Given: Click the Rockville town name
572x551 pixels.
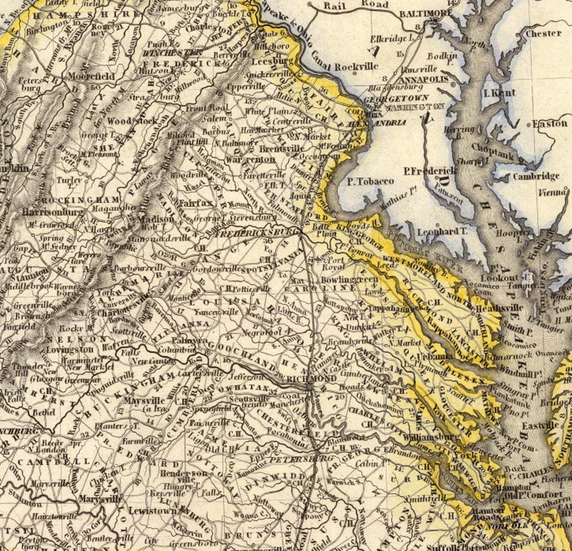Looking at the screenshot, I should point(356,66).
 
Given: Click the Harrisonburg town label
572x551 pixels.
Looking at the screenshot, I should point(53,212).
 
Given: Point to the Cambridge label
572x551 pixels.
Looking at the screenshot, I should point(536,176).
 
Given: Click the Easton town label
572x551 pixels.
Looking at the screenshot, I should point(549,123).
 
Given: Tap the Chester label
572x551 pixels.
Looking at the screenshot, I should point(543,33).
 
